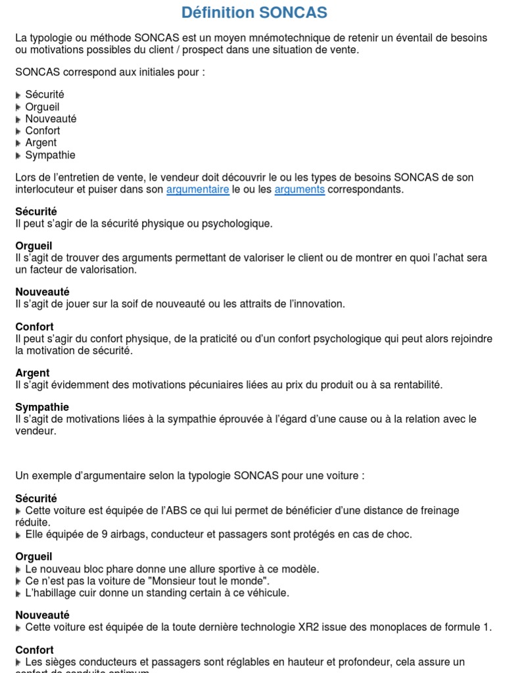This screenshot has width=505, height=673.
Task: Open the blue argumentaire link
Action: pos(197,190)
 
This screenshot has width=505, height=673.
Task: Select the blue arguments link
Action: pos(299,190)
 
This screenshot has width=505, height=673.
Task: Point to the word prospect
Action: pos(216,50)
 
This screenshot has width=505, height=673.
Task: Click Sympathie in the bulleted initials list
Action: pos(50,155)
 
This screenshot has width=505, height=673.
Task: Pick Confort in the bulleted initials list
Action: pos(42,131)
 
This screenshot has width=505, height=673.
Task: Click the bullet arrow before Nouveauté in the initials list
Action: pos(18,120)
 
